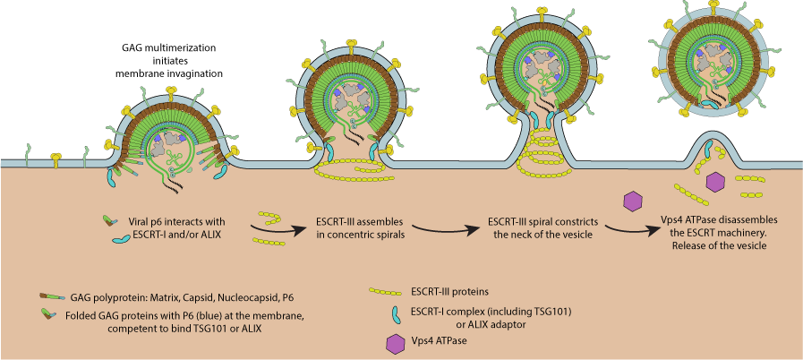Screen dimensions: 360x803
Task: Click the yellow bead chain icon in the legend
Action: (396, 291)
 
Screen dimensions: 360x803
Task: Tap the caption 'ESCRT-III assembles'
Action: (355, 221)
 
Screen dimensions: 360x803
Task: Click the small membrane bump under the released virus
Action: (704, 148)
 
